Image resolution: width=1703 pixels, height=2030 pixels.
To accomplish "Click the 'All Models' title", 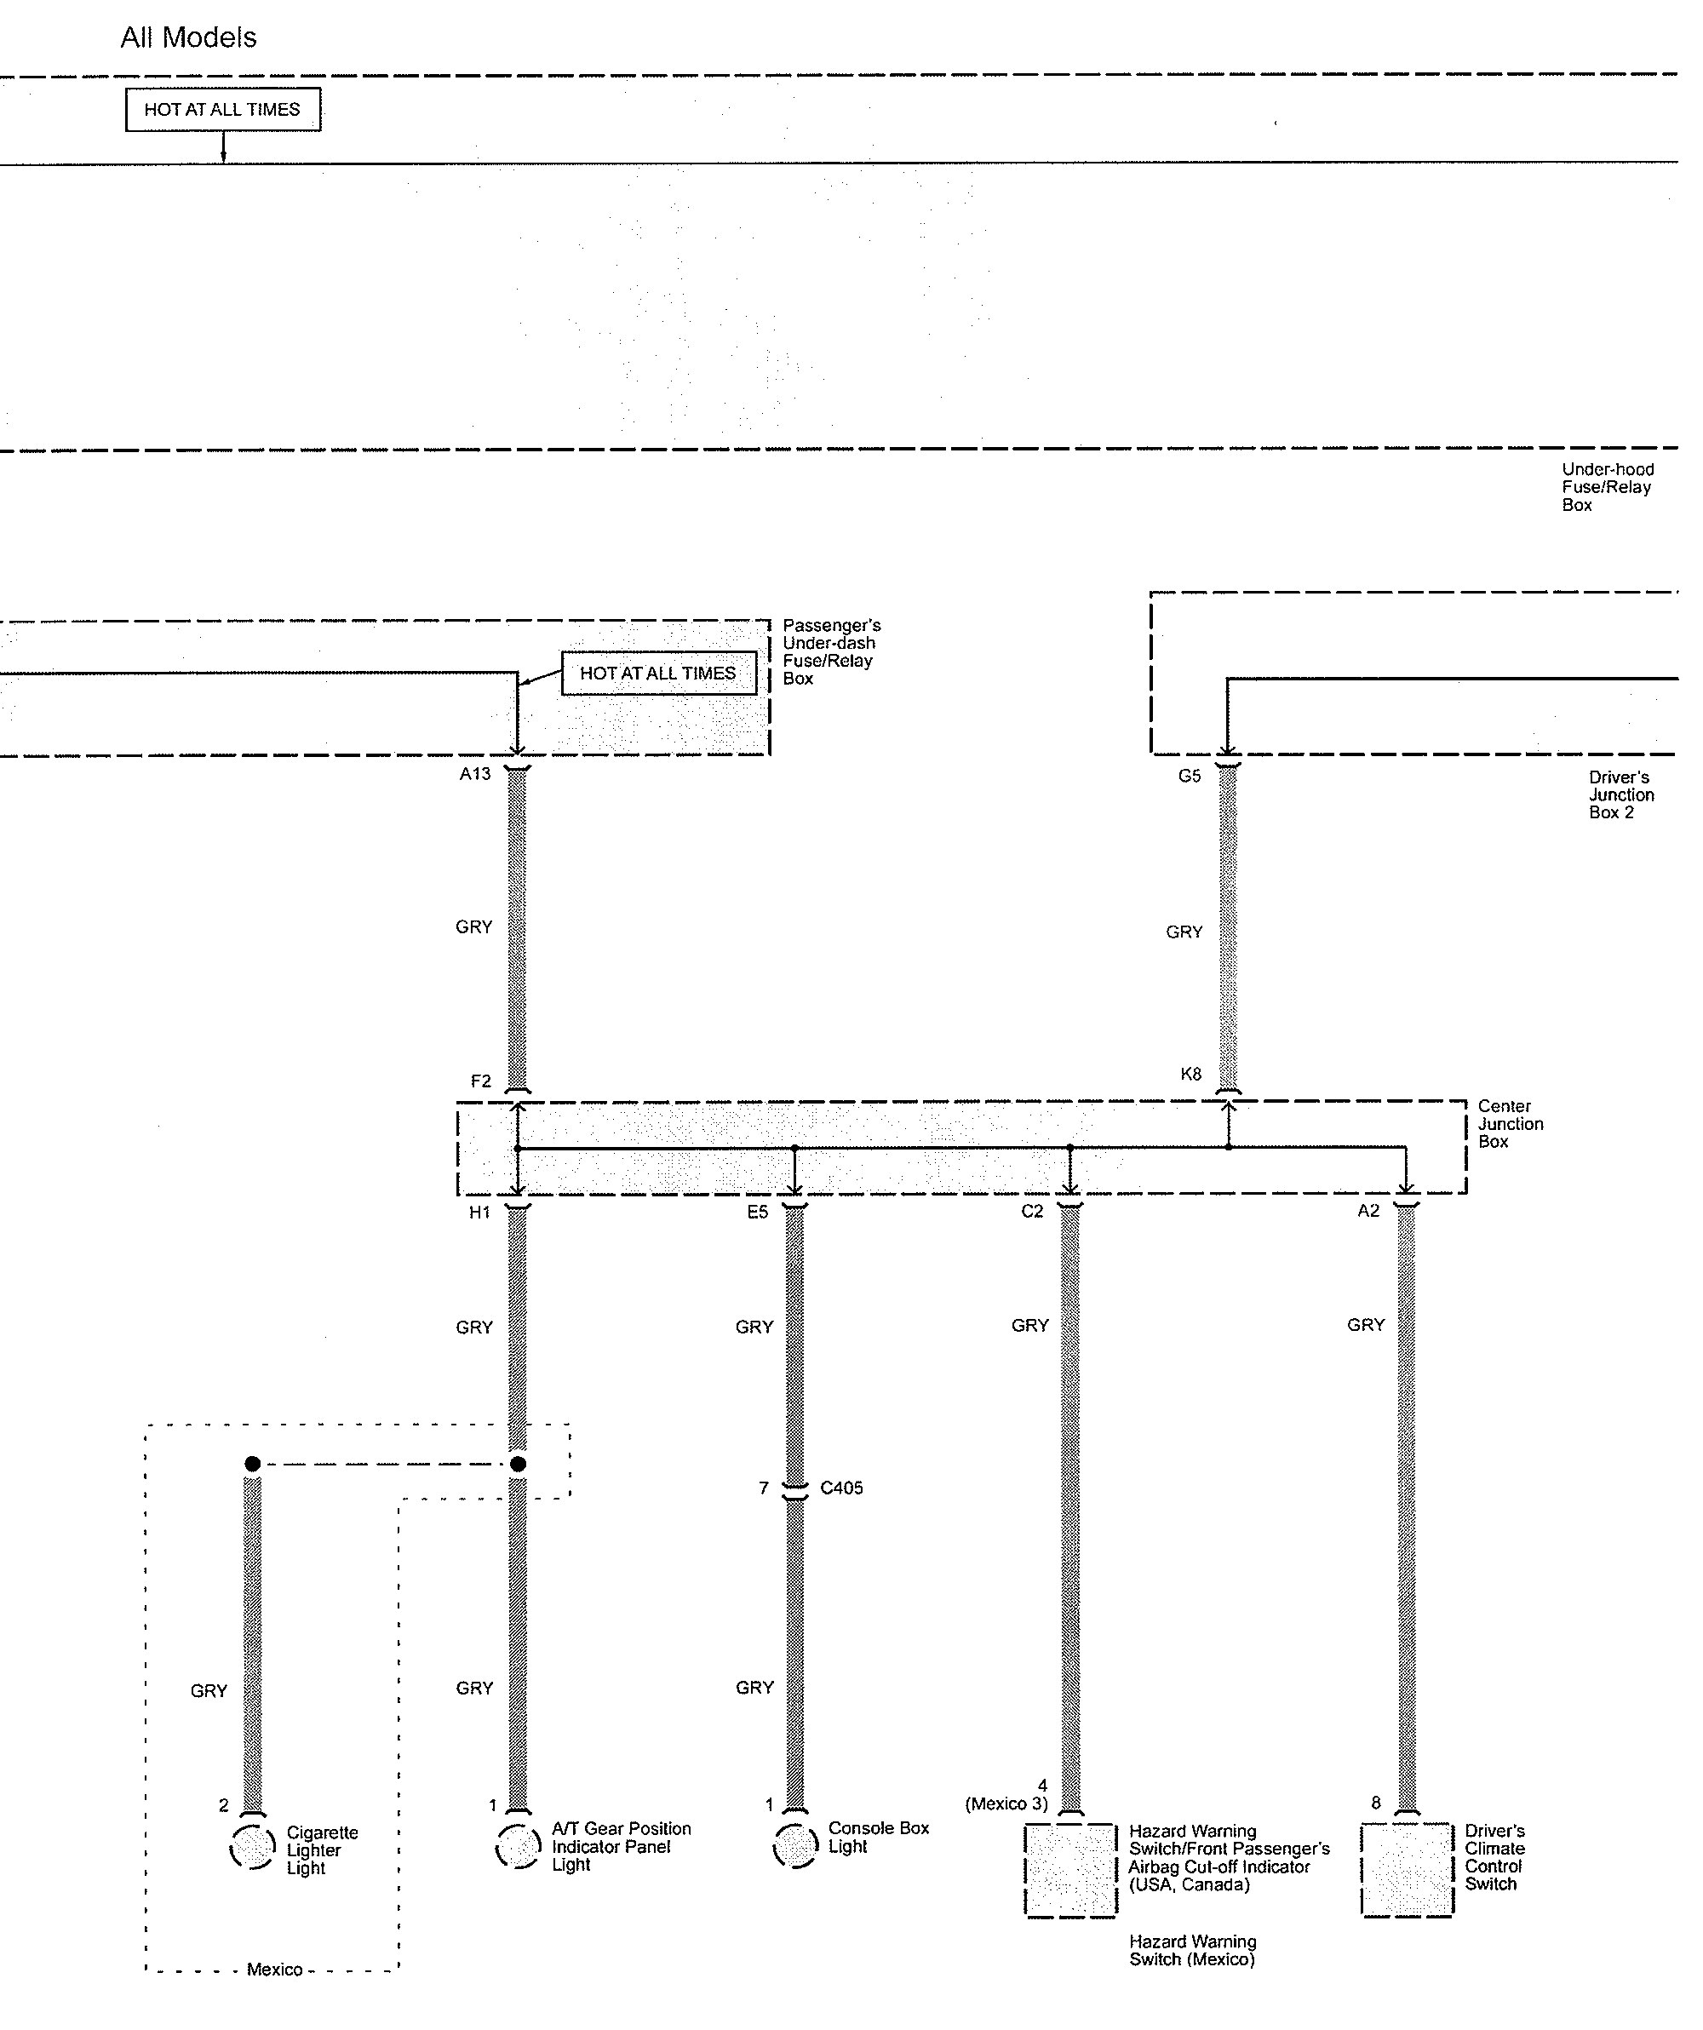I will (x=188, y=37).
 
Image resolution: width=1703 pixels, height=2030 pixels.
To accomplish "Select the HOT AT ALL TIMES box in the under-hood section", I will (x=222, y=109).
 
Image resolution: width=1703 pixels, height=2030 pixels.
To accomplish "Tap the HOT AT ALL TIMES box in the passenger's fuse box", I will (x=658, y=673).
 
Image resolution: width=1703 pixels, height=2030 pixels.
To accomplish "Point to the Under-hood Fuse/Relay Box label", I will (x=1608, y=487).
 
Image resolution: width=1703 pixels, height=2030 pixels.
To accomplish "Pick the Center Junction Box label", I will (x=1510, y=1123).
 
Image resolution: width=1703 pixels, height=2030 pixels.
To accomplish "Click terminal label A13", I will (x=474, y=773).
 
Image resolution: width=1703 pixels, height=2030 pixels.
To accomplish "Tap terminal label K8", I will (x=1190, y=1074).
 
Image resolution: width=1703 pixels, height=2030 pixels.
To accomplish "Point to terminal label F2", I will (x=480, y=1081).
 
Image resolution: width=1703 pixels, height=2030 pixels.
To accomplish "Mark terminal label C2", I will (x=1032, y=1211).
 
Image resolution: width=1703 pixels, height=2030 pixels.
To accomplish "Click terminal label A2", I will (x=1368, y=1211).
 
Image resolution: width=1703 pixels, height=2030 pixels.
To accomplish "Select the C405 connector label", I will (x=841, y=1488).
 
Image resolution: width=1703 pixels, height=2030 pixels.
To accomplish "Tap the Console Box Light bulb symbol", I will (x=795, y=1845).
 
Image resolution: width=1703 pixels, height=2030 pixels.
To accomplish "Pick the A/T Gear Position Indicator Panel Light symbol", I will (x=518, y=1845).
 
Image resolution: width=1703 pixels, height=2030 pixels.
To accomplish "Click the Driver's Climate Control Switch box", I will (x=1407, y=1870).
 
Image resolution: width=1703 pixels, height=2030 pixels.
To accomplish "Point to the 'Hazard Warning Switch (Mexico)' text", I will (x=1192, y=1950).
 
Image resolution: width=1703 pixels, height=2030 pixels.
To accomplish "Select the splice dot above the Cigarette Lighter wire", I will (x=252, y=1465).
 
